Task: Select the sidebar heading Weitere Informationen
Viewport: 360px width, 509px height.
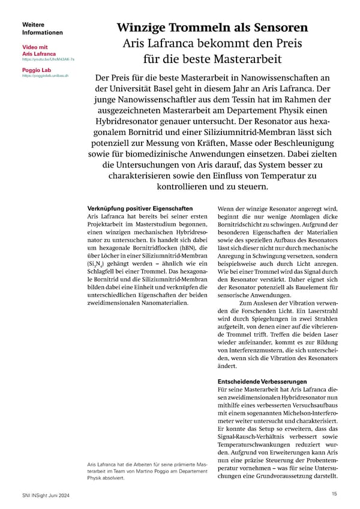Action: point(41,28)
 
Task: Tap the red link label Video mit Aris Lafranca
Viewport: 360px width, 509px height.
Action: point(40,50)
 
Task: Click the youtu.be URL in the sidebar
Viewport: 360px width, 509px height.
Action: point(48,59)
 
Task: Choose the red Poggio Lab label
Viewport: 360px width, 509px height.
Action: point(37,70)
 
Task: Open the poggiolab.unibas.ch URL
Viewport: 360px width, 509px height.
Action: point(45,76)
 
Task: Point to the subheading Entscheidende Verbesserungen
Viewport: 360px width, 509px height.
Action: point(262,382)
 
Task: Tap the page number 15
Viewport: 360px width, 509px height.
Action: point(334,493)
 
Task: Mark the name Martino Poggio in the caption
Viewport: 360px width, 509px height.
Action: point(162,473)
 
